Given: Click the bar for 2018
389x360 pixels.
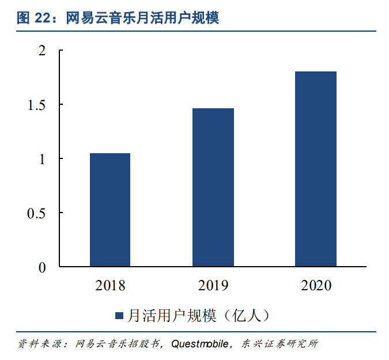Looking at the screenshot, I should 109,210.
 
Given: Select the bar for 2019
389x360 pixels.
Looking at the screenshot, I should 213,187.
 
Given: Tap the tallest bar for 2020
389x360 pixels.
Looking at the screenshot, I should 315,169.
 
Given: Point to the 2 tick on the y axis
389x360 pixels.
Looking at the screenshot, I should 41,51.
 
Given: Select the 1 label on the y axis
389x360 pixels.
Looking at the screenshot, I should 41,159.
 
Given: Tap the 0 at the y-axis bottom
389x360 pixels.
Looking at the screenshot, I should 41,267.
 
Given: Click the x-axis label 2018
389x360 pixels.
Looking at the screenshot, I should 110,285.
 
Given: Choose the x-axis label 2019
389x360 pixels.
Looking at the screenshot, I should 213,285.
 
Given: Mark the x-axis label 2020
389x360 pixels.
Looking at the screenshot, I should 316,285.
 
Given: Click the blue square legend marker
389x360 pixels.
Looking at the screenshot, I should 119,315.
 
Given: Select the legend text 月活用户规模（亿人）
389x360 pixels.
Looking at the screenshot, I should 198,315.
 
